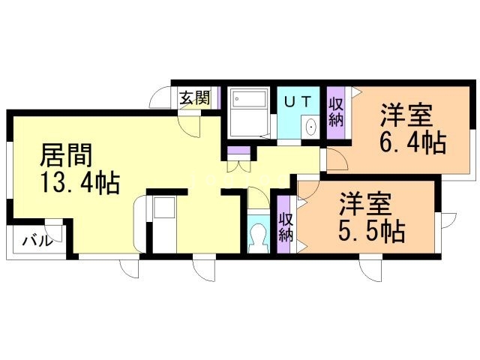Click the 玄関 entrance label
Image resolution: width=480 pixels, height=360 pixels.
tap(194, 97)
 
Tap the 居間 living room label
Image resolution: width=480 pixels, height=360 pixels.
tap(66, 156)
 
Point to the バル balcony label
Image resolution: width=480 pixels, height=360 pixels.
tap(36, 241)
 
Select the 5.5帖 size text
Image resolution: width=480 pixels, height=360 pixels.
tap(372, 229)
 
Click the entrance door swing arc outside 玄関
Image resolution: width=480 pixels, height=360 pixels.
tap(160, 100)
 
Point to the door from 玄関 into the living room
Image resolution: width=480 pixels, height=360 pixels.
tap(190, 124)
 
